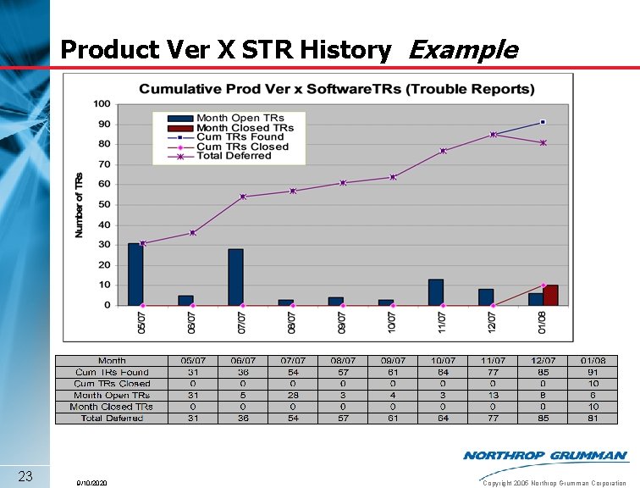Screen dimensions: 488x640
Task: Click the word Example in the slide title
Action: (x=462, y=50)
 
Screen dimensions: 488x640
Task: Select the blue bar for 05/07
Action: (x=135, y=274)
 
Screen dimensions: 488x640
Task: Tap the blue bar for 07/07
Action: (x=235, y=277)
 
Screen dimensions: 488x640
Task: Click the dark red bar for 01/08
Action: (x=550, y=296)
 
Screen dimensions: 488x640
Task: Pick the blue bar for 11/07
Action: (x=436, y=292)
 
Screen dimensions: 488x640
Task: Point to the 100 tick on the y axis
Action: (x=102, y=104)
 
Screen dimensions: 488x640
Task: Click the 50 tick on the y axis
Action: (x=104, y=205)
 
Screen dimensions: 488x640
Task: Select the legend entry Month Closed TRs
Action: (x=245, y=128)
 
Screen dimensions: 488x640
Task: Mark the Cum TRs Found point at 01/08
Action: (x=543, y=122)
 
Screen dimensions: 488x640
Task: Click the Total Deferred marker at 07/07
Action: (x=243, y=197)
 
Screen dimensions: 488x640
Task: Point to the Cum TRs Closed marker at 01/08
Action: (x=543, y=286)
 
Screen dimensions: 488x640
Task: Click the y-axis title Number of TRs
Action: (x=80, y=204)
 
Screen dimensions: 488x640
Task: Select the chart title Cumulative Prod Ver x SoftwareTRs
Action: (x=336, y=89)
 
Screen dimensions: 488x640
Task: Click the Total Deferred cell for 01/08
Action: (x=593, y=419)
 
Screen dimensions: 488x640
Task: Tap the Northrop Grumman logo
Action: (x=545, y=456)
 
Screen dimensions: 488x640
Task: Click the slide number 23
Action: (x=25, y=475)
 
